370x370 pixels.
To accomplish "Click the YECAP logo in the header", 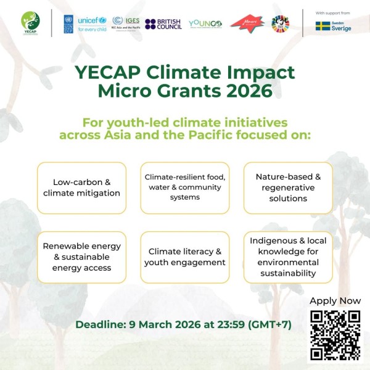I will [30, 23].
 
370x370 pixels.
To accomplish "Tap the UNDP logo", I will [67, 23].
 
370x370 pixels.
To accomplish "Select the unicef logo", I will [92, 23].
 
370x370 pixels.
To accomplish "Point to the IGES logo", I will [126, 23].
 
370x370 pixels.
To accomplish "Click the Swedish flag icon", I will [323, 26].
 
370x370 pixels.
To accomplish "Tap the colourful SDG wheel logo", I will [280, 23].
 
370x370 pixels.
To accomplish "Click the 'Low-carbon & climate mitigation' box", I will [81, 187].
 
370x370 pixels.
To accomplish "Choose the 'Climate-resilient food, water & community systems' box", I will [185, 187].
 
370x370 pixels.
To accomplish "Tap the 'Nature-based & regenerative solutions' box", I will [288, 187].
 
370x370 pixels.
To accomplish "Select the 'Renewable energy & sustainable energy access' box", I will [81, 257].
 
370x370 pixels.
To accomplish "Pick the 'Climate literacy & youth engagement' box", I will [185, 257].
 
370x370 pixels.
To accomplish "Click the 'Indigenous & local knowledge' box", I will [288, 257].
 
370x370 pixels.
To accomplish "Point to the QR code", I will [335, 335].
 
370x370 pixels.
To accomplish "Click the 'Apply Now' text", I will [335, 301].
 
